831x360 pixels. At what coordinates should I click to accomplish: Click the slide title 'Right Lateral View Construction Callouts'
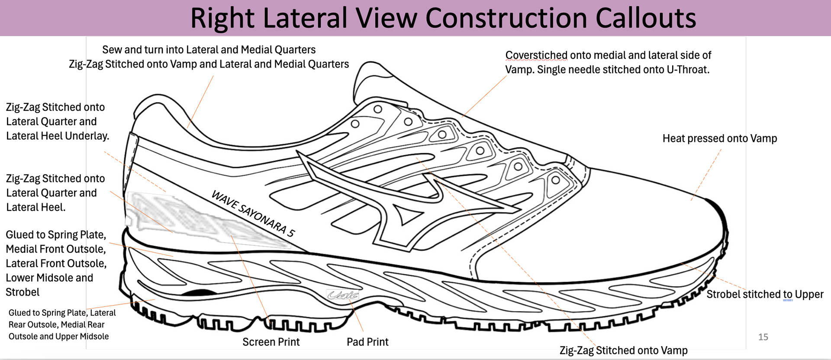443,18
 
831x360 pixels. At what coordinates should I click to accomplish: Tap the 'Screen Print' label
271,342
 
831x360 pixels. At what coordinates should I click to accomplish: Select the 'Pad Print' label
367,342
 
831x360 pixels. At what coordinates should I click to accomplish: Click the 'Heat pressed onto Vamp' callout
719,138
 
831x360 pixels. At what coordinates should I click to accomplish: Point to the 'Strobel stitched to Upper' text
765,294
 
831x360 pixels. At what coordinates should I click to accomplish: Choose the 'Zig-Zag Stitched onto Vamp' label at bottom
623,350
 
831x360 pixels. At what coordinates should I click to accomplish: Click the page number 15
763,337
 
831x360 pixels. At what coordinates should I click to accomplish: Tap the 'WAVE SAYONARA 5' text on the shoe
253,214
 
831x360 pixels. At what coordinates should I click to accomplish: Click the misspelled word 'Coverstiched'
536,55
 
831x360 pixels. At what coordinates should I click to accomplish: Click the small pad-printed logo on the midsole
342,295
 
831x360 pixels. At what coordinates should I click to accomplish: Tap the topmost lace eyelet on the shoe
378,109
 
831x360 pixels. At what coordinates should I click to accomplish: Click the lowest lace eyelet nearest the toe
556,180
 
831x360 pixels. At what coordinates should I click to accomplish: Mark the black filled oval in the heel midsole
199,293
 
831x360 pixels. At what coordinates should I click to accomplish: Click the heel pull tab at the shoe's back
132,151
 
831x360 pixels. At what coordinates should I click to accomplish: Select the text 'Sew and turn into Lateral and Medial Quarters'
209,50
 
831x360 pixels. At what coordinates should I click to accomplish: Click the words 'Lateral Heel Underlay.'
58,136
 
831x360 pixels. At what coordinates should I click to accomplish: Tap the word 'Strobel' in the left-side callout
23,292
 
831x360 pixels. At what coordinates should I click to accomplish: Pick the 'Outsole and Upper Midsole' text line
58,336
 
